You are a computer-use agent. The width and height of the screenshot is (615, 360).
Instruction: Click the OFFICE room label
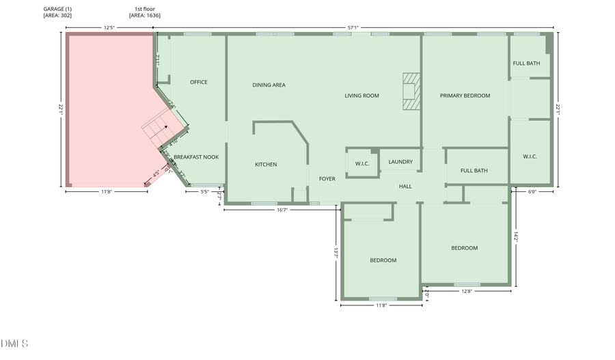point(199,83)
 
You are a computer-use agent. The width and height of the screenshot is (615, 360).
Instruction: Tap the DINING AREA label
point(269,85)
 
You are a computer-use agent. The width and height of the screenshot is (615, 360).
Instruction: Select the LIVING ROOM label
point(361,96)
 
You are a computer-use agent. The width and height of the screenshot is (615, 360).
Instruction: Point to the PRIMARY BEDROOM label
point(465,96)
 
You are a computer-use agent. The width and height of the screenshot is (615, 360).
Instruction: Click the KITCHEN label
point(266,165)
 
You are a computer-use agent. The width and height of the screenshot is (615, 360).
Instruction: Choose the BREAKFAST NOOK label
point(196,157)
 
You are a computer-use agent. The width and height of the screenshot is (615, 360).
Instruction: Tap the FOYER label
point(327,179)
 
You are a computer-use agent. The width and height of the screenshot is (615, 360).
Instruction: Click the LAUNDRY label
point(400,162)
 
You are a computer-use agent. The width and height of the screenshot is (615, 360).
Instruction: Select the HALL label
point(406,186)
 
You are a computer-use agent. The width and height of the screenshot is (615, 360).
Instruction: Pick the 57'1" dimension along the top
point(353,28)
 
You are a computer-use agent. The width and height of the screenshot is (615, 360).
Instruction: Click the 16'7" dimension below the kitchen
point(282,210)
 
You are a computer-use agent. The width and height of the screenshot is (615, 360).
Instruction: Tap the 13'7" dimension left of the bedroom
point(336,252)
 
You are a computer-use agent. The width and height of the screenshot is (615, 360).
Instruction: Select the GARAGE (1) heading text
point(57,9)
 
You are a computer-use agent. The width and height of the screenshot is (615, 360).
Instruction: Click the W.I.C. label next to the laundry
point(362,164)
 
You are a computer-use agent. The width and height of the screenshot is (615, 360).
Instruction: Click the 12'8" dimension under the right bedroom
point(467,292)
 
